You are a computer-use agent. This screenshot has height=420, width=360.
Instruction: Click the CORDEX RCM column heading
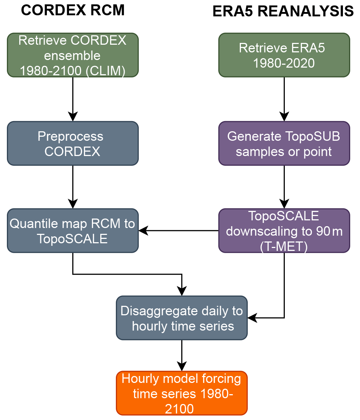click(x=73, y=11)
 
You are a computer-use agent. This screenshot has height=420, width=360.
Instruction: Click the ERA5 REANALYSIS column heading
click(x=283, y=12)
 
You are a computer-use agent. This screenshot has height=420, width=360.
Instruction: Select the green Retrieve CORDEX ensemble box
click(x=73, y=55)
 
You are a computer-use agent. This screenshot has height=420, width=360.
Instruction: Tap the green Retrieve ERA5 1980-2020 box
click(x=284, y=55)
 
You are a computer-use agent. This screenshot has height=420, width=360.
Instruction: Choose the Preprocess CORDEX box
click(x=73, y=143)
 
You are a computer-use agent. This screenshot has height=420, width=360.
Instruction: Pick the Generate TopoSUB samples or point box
click(x=284, y=143)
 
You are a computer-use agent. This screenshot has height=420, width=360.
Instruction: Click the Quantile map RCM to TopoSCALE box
click(x=73, y=231)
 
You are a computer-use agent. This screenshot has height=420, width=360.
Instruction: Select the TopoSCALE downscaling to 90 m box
click(x=284, y=231)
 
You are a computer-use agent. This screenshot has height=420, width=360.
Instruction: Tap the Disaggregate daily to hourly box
click(x=182, y=318)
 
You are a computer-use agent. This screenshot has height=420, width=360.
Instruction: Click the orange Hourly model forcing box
click(x=182, y=393)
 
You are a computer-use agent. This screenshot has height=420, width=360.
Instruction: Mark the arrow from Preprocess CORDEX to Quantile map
click(x=73, y=187)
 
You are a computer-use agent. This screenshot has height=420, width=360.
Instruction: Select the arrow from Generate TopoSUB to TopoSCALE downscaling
click(x=284, y=187)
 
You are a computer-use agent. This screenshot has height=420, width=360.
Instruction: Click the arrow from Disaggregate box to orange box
click(x=182, y=355)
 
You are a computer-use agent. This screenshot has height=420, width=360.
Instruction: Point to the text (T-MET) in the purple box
click(x=284, y=247)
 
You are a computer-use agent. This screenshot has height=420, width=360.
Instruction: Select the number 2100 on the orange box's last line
click(x=179, y=409)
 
